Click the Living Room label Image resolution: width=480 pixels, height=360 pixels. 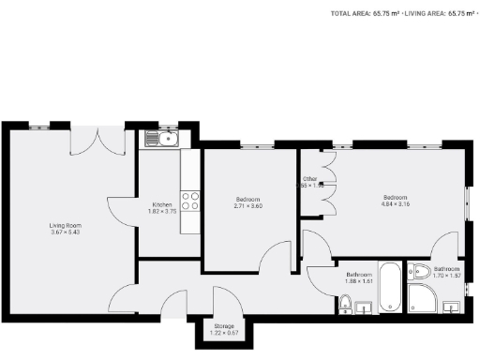pyautogui.click(x=66, y=225)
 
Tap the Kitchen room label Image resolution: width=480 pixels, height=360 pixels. pyautogui.click(x=161, y=204)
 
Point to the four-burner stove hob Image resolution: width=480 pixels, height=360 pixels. pyautogui.click(x=190, y=202)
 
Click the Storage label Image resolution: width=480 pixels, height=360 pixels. pyautogui.click(x=211, y=325)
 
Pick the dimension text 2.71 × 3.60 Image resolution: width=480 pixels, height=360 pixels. pyautogui.click(x=248, y=205)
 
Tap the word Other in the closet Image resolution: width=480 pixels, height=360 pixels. pyautogui.click(x=309, y=179)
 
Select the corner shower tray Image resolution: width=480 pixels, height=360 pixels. pyautogui.click(x=423, y=299)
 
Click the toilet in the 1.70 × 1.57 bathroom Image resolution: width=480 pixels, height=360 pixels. pyautogui.click(x=420, y=273)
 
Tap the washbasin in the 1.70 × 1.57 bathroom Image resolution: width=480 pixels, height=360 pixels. pyautogui.click(x=453, y=307)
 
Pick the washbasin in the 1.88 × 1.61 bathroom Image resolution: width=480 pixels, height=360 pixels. pyautogui.click(x=363, y=307)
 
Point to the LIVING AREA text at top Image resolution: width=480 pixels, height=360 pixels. pyautogui.click(x=441, y=14)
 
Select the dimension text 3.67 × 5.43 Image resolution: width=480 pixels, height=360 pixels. pyautogui.click(x=66, y=232)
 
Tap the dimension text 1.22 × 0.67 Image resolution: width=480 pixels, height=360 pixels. pyautogui.click(x=211, y=333)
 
